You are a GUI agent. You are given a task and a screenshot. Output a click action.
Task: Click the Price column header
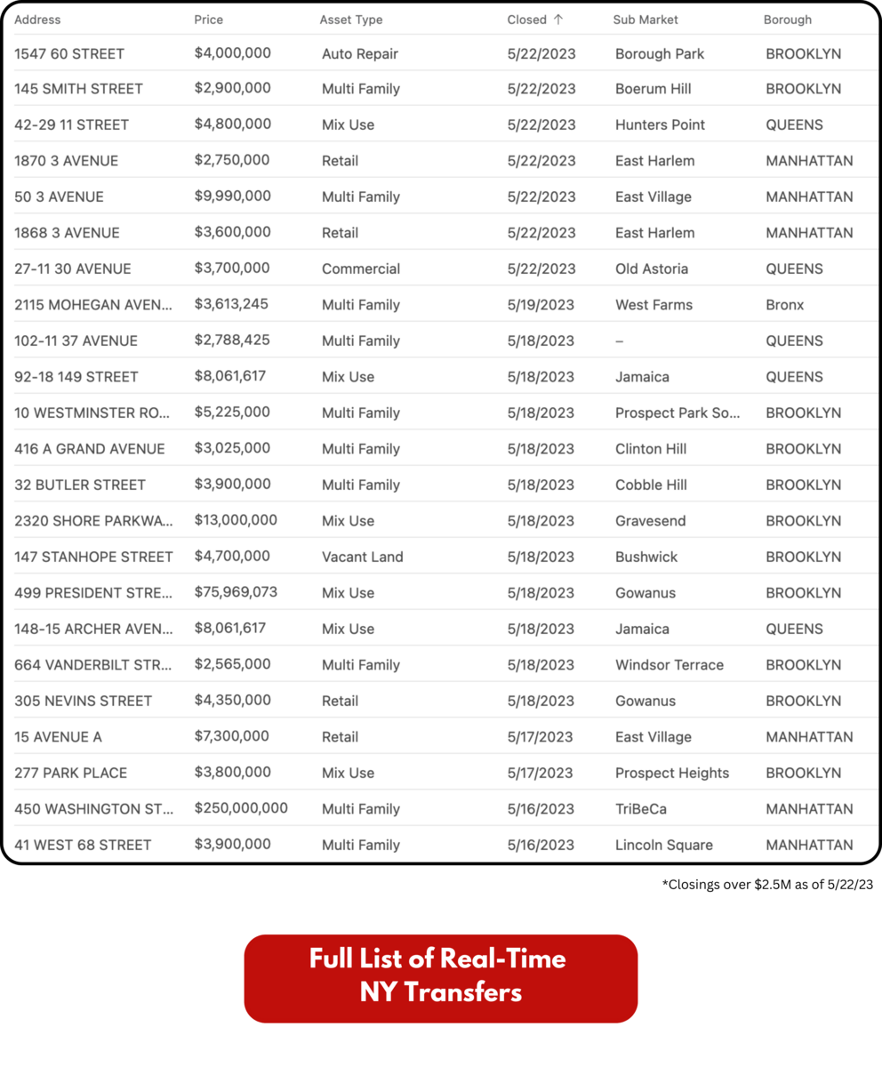(209, 20)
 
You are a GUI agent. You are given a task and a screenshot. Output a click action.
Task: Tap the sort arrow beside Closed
(558, 20)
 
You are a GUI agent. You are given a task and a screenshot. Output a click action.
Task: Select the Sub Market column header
(645, 20)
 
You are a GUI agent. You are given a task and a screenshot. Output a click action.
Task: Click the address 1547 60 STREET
(69, 53)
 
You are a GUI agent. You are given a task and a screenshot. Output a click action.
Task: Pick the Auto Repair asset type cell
(359, 53)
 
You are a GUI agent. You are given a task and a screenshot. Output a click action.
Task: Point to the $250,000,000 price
(241, 808)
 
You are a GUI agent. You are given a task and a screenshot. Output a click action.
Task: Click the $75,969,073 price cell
(236, 592)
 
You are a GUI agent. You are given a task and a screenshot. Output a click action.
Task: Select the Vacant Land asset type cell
(362, 557)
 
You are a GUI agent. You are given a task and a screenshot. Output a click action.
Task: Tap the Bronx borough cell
(784, 305)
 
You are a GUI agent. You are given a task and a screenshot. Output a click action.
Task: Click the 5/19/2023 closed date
(541, 305)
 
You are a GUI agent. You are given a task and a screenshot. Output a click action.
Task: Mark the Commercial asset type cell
(361, 269)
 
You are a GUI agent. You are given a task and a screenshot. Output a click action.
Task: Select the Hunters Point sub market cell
(660, 125)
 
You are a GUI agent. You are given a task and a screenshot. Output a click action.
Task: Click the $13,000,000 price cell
(236, 520)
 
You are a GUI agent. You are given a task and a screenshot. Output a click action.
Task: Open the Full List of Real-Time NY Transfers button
(440, 978)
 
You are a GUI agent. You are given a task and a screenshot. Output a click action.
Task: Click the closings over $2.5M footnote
(767, 885)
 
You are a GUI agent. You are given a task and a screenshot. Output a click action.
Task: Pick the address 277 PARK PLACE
(70, 773)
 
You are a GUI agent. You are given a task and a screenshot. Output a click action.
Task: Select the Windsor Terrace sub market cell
(669, 665)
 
